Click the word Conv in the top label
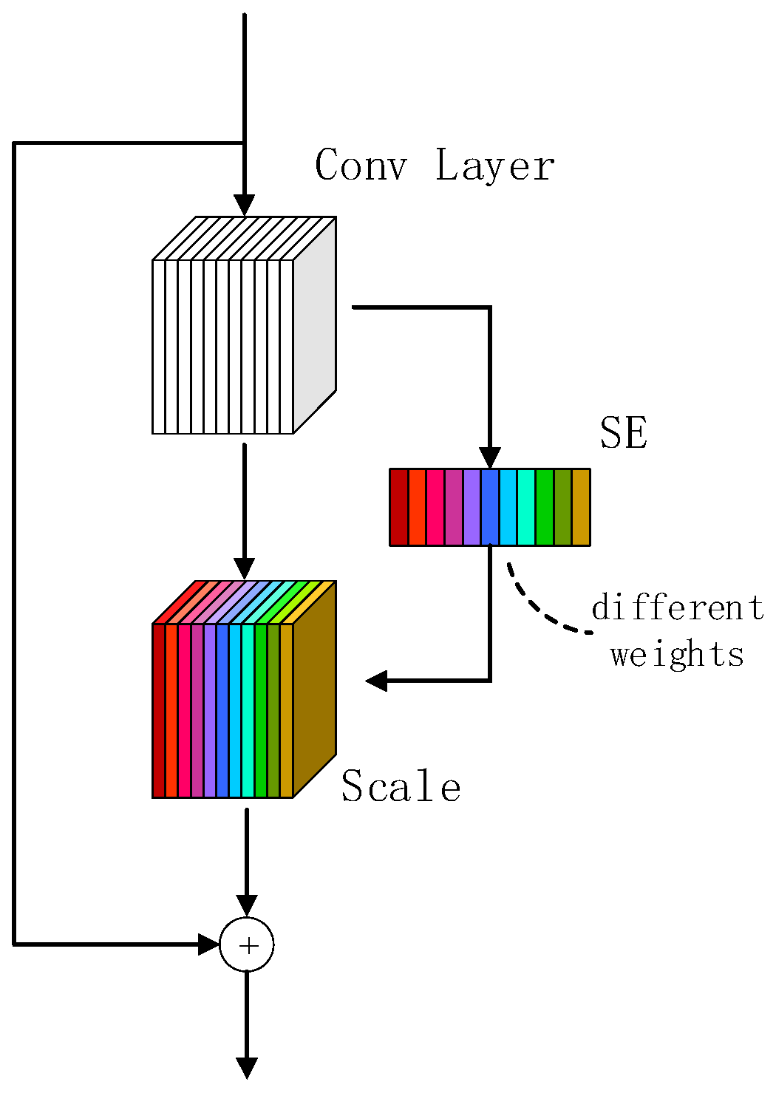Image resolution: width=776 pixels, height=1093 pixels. click(x=361, y=165)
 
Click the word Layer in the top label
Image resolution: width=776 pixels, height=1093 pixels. click(x=494, y=165)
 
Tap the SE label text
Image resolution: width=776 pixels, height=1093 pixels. click(x=624, y=433)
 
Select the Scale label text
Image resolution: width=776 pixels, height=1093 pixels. click(x=401, y=786)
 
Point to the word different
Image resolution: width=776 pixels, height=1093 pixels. click(x=678, y=608)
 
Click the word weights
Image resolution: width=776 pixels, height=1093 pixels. click(x=677, y=655)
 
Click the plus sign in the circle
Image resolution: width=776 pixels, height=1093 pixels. click(x=247, y=945)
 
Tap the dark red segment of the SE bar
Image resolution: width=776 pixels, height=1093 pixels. click(x=399, y=507)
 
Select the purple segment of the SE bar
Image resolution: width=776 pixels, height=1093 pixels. click(x=472, y=507)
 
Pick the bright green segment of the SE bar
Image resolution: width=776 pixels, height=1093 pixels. click(x=545, y=507)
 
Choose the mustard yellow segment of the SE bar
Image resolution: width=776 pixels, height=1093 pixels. click(x=581, y=507)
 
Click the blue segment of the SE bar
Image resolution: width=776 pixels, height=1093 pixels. click(x=490, y=507)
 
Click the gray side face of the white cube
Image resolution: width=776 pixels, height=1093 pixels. click(x=315, y=325)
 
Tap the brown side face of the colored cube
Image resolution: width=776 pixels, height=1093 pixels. click(x=315, y=689)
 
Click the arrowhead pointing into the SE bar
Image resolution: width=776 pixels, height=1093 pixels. click(x=490, y=457)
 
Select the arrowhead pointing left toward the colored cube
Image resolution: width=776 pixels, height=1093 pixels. click(x=377, y=680)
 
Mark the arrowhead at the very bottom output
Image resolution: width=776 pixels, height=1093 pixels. click(x=247, y=1068)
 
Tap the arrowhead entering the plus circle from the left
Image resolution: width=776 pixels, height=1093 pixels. click(x=209, y=944)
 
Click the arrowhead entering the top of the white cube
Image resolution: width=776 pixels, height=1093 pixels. click(x=244, y=205)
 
